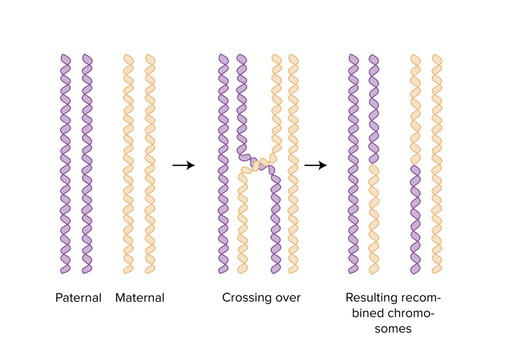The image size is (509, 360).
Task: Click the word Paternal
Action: tap(78, 297)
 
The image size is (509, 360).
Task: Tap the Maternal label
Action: tap(139, 297)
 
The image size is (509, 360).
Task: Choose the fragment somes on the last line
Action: tap(392, 330)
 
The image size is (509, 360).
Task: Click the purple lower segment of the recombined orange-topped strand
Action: tap(415, 220)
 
